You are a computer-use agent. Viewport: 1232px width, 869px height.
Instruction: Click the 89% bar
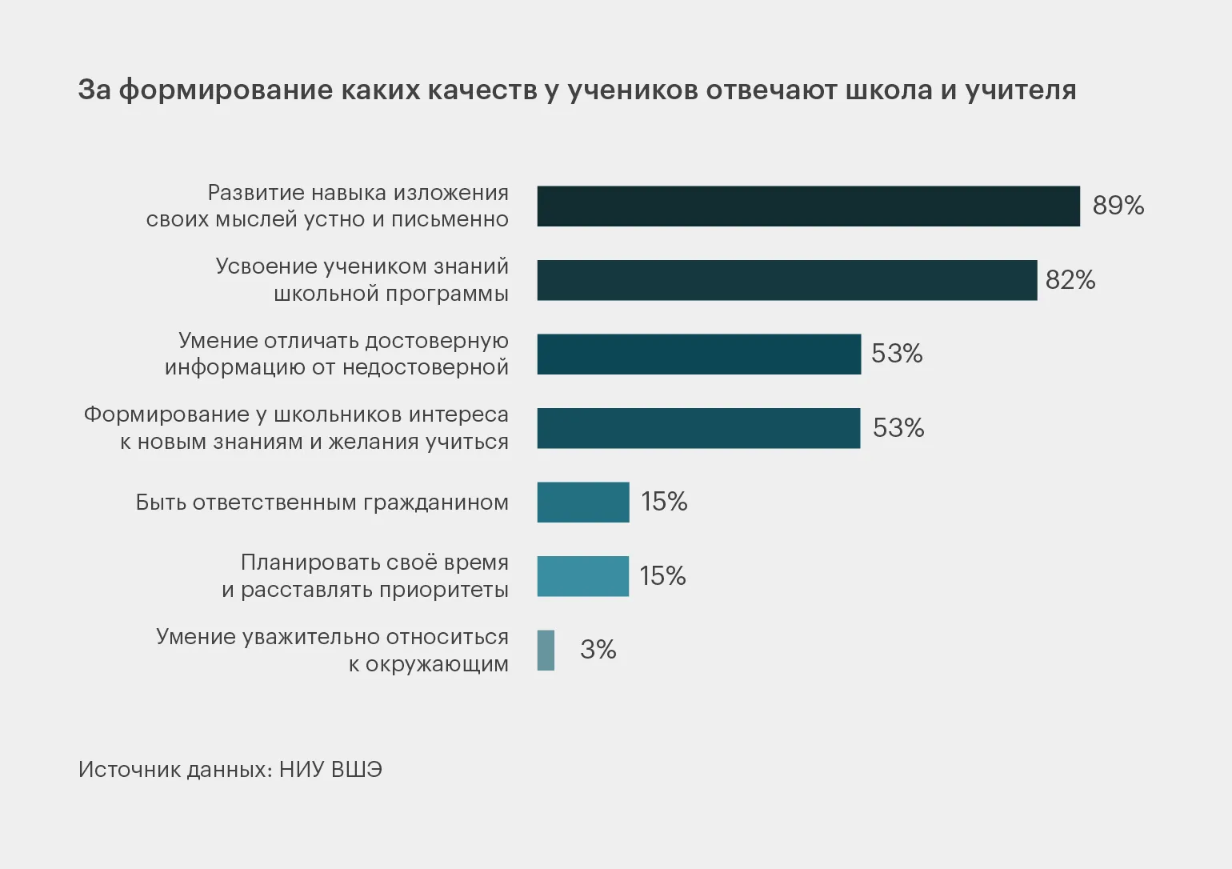(x=808, y=206)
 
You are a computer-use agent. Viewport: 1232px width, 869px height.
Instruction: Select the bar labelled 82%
(x=786, y=280)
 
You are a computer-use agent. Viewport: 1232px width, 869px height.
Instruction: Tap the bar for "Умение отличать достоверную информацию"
(x=698, y=354)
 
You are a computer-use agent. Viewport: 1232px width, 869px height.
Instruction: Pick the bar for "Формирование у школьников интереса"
(x=698, y=428)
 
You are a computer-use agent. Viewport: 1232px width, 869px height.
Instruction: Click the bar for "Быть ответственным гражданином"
(x=583, y=503)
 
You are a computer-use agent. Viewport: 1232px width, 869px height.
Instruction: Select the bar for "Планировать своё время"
(x=583, y=576)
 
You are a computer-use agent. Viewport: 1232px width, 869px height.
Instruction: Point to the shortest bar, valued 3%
(x=546, y=651)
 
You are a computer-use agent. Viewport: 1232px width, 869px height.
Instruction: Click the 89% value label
(x=1118, y=206)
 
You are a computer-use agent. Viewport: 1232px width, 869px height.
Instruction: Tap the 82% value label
(x=1070, y=280)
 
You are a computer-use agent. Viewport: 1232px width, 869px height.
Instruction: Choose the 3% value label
(x=598, y=650)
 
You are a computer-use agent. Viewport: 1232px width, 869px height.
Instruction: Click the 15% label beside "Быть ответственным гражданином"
(x=664, y=502)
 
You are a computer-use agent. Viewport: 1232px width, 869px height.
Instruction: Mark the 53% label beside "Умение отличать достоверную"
(x=897, y=354)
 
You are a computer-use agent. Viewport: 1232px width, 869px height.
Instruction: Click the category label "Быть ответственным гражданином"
(x=322, y=503)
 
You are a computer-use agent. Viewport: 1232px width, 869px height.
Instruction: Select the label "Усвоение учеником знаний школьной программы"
(x=362, y=280)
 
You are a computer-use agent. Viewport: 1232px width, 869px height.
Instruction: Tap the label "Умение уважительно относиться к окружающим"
(x=332, y=651)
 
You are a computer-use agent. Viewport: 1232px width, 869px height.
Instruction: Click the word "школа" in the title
(x=889, y=90)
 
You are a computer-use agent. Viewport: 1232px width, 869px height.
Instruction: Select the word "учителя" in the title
(x=1020, y=90)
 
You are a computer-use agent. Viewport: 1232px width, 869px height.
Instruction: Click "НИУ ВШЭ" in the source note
(x=330, y=770)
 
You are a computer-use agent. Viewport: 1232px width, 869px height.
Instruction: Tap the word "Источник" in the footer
(x=129, y=770)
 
